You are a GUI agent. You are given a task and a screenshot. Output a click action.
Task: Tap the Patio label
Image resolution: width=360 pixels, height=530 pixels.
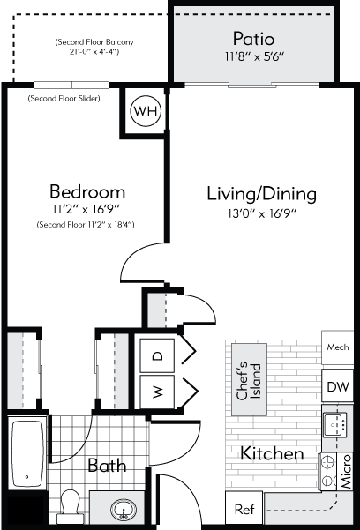253,39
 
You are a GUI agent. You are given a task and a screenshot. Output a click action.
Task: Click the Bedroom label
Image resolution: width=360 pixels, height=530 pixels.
86,191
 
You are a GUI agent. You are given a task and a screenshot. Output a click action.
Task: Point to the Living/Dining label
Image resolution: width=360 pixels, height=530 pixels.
261,193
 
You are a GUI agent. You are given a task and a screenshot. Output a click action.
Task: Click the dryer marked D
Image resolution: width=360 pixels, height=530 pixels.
158,355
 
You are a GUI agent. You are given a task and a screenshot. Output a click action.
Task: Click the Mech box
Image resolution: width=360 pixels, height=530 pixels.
336,347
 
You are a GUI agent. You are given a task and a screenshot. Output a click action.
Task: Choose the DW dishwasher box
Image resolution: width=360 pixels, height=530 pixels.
336,387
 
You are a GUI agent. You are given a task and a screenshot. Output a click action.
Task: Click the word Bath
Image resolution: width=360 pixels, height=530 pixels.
106,465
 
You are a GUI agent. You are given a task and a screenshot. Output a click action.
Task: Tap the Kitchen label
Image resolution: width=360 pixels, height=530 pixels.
273,453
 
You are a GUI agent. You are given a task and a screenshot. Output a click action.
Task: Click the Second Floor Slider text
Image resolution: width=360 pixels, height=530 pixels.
64,98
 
